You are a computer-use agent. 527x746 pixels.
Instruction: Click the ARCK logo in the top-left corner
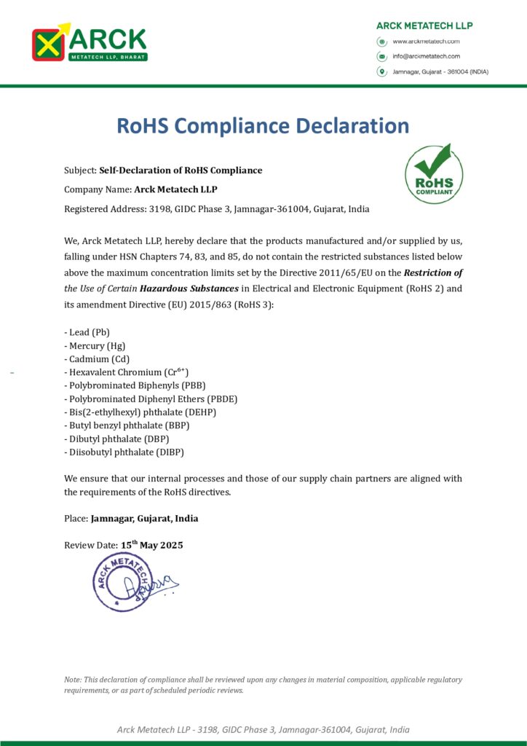coord(89,43)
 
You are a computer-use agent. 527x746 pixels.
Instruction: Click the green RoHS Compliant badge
coord(434,175)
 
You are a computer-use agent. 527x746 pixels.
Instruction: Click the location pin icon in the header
coord(381,71)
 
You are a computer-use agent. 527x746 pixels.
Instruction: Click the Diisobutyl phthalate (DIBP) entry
coord(124,452)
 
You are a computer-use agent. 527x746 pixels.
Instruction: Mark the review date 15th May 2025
coord(152,545)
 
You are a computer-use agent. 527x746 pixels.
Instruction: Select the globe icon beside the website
coord(381,42)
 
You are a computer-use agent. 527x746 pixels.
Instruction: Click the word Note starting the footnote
coord(73,680)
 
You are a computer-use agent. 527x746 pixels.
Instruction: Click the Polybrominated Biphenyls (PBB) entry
coord(130,385)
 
